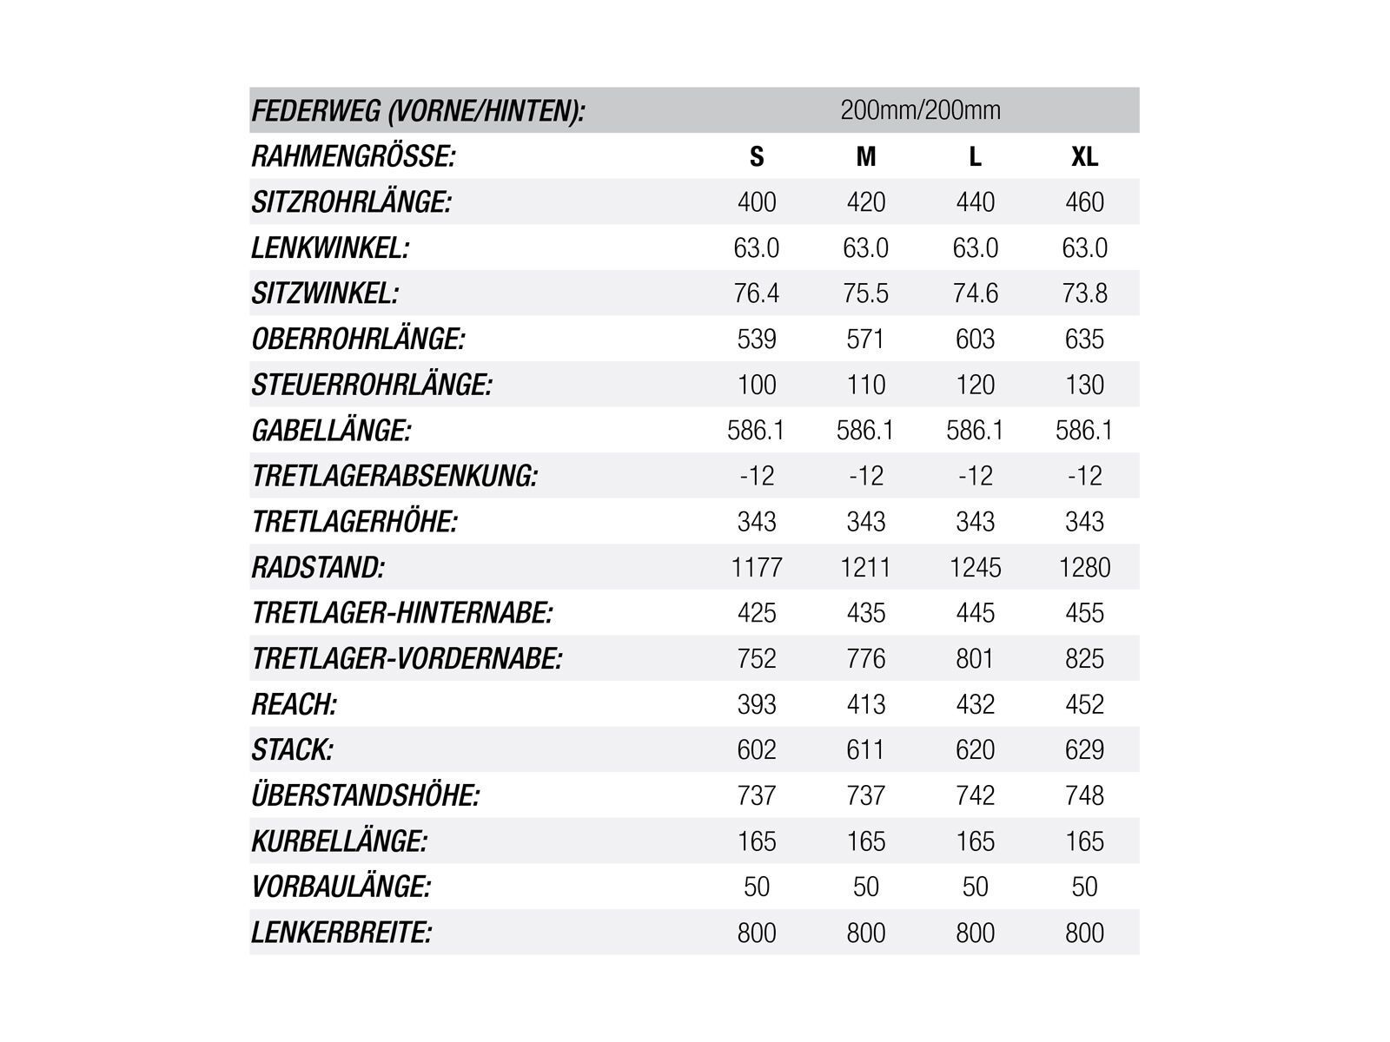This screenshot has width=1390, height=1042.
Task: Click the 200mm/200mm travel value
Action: coord(920,110)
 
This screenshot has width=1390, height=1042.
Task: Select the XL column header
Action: coord(1084,156)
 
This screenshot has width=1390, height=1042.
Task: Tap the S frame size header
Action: coord(757,156)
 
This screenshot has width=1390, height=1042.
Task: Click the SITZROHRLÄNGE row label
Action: coord(351,202)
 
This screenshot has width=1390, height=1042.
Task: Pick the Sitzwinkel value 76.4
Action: coord(757,293)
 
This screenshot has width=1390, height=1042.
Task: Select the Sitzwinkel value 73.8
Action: coord(1084,293)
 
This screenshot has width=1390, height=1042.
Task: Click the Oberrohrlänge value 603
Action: coord(975,339)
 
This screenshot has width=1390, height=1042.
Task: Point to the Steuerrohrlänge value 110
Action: coord(866,385)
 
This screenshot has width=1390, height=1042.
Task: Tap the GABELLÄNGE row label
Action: coord(331,431)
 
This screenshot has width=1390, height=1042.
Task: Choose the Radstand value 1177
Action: coord(757,567)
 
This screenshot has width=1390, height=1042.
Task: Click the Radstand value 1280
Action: coord(1084,567)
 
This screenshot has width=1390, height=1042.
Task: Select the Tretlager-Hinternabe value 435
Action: coord(866,613)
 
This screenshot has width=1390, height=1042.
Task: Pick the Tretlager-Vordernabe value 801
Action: coord(975,658)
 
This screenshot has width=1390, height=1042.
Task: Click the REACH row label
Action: coord(294,704)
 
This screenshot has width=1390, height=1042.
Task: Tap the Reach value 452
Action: coord(1084,704)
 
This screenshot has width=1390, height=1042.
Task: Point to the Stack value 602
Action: coord(757,749)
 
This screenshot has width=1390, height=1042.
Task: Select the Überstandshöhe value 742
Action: coord(975,795)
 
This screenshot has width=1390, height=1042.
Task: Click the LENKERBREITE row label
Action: coord(341,933)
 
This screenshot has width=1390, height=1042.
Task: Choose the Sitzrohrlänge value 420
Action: coord(866,202)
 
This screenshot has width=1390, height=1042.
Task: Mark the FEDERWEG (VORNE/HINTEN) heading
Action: coord(418,111)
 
